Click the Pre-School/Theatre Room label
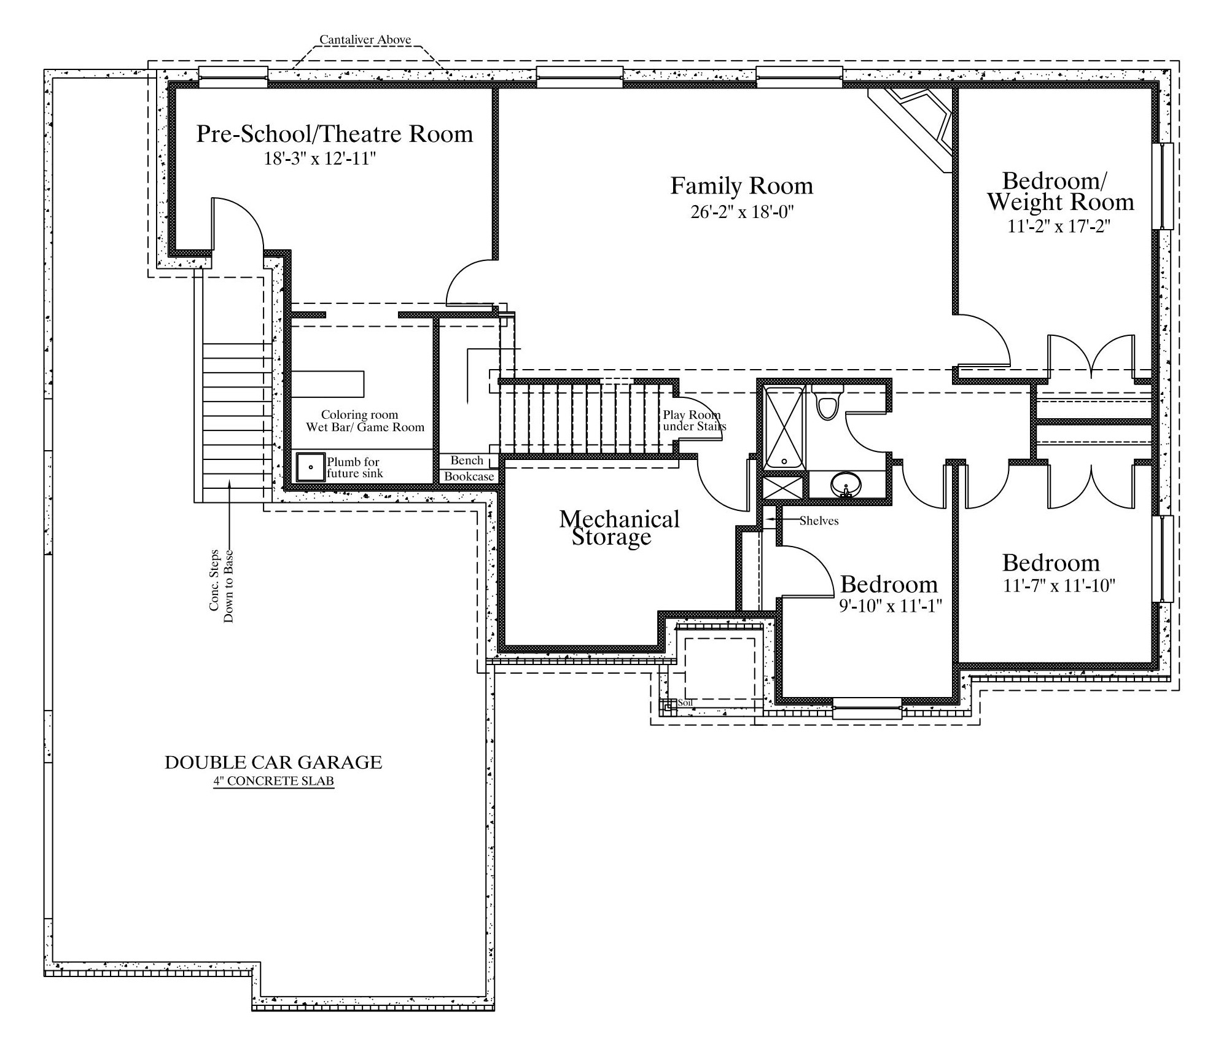335,134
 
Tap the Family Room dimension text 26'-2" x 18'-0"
743,212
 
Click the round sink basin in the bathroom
846,485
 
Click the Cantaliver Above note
365,40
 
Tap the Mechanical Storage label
618,528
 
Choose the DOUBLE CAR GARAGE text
273,762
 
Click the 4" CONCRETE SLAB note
274,782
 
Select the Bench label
467,460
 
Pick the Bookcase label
469,477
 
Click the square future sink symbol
311,467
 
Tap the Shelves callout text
819,521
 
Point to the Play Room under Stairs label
694,421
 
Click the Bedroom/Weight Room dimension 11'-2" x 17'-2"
1059,226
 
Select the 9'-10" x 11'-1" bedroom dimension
891,606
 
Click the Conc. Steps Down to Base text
221,585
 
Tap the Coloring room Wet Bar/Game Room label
365,421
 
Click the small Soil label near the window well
685,703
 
